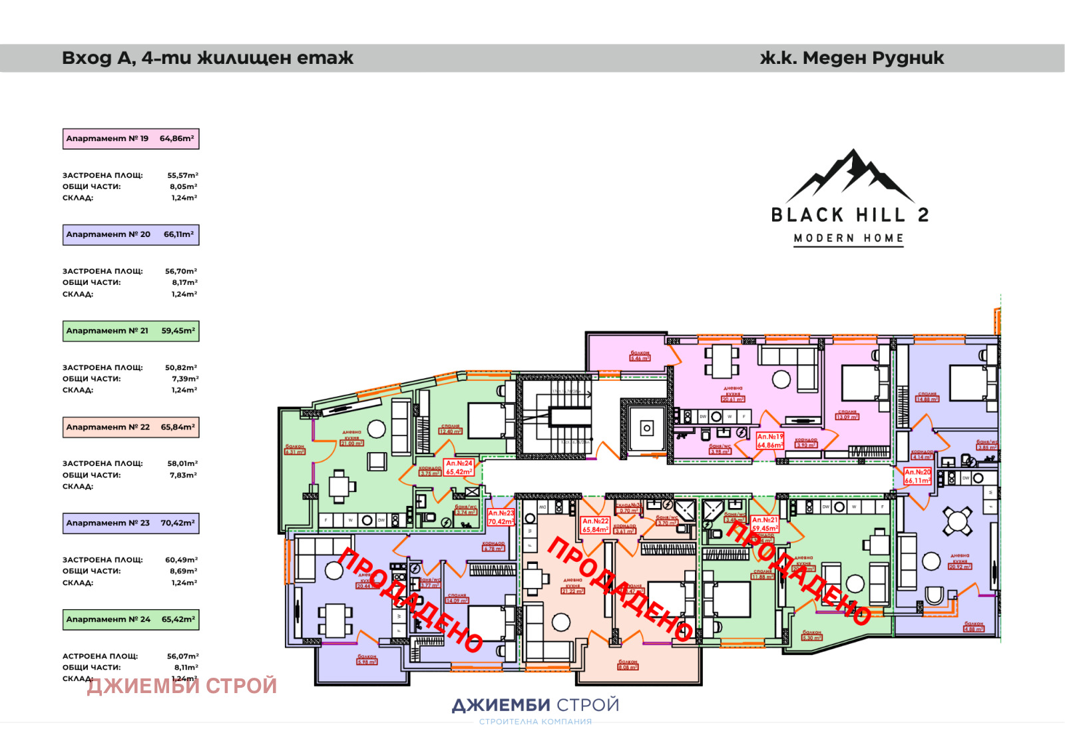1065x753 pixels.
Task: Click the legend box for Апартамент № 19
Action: point(130,138)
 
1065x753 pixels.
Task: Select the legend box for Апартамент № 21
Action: point(130,331)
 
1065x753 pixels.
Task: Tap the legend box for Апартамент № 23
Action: point(130,523)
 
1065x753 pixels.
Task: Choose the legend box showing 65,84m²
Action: point(130,427)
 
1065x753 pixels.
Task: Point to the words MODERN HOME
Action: point(849,238)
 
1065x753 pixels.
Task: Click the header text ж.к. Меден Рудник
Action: point(851,58)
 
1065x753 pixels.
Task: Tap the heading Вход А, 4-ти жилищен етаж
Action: point(207,58)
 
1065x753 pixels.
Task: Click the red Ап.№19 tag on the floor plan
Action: point(770,441)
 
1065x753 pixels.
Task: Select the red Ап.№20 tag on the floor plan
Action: point(917,476)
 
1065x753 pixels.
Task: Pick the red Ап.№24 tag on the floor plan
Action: point(459,467)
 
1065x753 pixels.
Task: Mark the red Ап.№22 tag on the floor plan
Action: point(595,525)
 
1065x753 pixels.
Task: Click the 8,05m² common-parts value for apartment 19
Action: point(183,187)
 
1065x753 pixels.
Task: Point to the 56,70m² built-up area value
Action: point(181,271)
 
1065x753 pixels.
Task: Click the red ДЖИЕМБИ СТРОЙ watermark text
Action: point(182,686)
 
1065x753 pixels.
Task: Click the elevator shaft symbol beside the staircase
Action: point(646,428)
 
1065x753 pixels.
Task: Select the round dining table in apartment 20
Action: point(957,521)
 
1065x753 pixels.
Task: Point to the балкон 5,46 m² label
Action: point(640,356)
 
